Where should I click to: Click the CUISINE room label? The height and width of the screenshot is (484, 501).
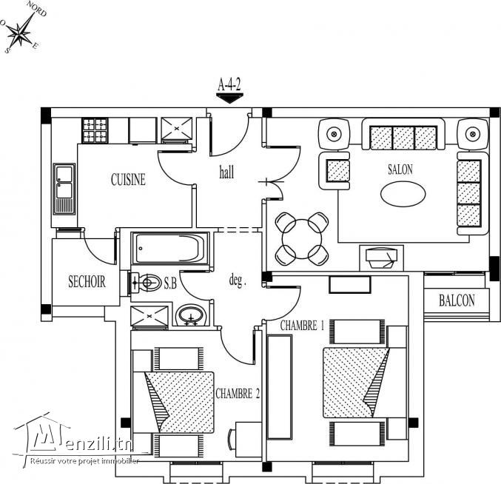[x=128, y=179]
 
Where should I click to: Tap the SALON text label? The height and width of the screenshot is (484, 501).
[x=400, y=169]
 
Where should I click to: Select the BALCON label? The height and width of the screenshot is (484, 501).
[x=457, y=300]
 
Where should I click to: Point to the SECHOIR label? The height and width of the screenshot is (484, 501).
[x=87, y=282]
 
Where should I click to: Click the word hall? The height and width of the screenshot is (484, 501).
[x=226, y=173]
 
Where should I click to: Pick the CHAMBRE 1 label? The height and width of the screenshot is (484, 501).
[x=302, y=326]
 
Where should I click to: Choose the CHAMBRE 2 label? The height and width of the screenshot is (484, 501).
[x=237, y=394]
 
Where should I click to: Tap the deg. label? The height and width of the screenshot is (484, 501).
[x=237, y=281]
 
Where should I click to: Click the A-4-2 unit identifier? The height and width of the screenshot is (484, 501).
[x=229, y=84]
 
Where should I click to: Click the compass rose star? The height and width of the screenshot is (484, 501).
[x=22, y=30]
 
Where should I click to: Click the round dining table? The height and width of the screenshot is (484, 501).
[x=302, y=238]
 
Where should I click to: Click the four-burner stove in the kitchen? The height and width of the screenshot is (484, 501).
[x=95, y=131]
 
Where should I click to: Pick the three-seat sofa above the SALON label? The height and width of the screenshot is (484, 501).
[x=403, y=136]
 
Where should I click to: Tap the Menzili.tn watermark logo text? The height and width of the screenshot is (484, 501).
[x=81, y=443]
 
